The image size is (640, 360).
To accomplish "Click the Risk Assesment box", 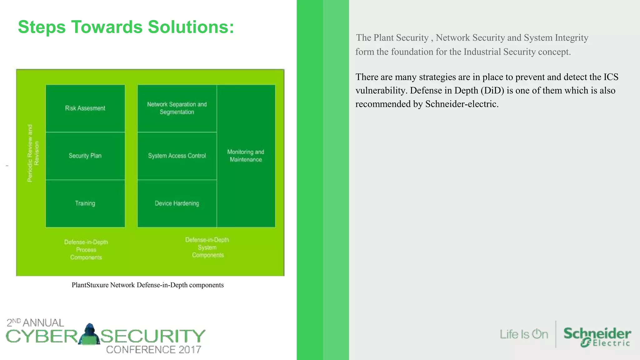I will click(x=85, y=108).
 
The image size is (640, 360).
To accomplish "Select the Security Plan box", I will click(x=85, y=156).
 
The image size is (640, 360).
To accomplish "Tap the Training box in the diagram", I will click(x=85, y=203).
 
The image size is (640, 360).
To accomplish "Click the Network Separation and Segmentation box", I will click(x=177, y=108).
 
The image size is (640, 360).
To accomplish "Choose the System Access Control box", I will click(x=177, y=156).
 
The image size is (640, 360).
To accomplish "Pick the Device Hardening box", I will click(x=177, y=203).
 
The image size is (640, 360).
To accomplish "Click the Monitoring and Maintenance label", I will click(x=246, y=156).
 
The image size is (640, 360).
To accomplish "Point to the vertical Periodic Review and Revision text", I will click(x=33, y=153).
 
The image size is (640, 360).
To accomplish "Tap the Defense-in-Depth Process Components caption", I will click(x=86, y=250).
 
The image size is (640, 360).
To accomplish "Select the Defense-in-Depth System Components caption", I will click(x=207, y=247).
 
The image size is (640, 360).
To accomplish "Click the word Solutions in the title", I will click(x=191, y=27).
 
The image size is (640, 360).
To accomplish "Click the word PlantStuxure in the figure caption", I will click(x=90, y=285).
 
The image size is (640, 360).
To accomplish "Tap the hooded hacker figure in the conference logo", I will click(x=89, y=334).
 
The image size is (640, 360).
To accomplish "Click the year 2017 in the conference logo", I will click(x=190, y=349).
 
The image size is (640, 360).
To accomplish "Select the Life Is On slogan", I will click(x=524, y=334).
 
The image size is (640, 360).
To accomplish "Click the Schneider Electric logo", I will click(x=597, y=337).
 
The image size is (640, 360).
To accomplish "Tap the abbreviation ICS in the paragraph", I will click(x=611, y=77).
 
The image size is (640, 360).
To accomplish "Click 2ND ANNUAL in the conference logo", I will click(x=35, y=322).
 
